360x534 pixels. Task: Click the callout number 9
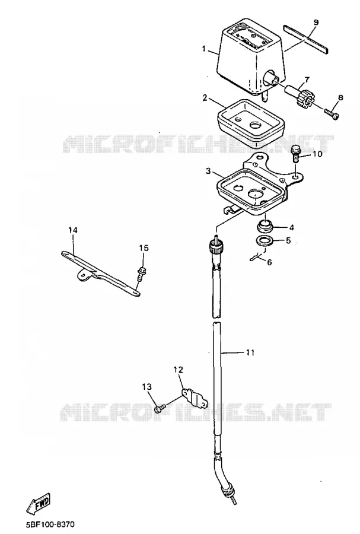(x=316, y=23)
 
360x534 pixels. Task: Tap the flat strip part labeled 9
(x=305, y=39)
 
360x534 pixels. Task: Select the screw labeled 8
(x=332, y=114)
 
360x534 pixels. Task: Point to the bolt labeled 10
(x=295, y=154)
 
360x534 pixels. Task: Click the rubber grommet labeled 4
(x=265, y=227)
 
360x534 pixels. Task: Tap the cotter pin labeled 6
(x=257, y=256)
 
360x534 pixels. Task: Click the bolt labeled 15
(x=141, y=275)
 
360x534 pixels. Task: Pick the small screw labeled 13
(x=159, y=408)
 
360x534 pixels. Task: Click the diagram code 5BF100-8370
(x=50, y=524)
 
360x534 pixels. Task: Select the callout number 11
(x=250, y=353)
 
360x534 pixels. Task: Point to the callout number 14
(x=73, y=230)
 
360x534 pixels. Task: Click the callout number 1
(x=204, y=49)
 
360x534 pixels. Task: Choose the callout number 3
(x=208, y=171)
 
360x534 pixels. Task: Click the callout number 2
(x=205, y=98)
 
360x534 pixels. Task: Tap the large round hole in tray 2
(x=257, y=125)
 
